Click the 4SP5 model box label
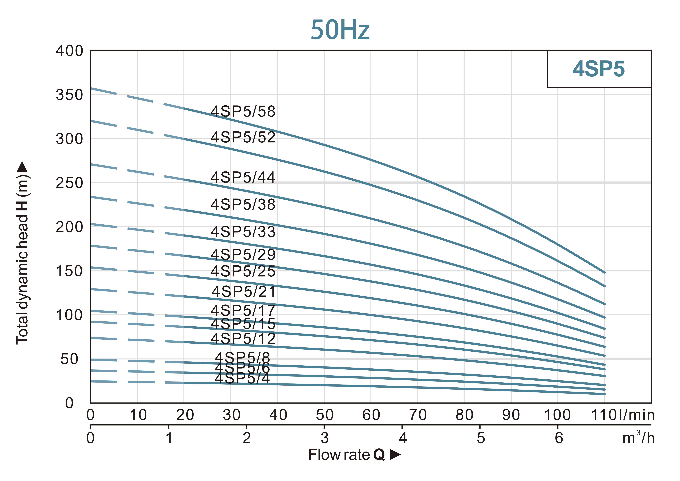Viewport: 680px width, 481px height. [x=598, y=69]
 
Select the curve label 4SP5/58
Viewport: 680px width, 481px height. [x=243, y=112]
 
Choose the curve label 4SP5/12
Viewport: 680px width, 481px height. [x=243, y=339]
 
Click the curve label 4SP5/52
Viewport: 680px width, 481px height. [x=243, y=137]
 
